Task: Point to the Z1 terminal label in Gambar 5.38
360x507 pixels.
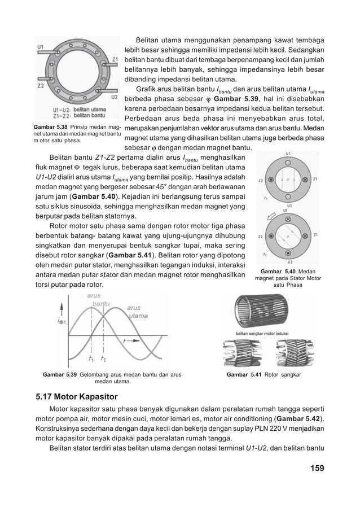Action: click(115, 59)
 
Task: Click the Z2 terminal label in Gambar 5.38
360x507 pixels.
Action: click(41, 86)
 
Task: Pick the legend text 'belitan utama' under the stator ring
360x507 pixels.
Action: click(90, 110)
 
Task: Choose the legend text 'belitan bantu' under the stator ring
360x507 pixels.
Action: click(90, 116)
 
